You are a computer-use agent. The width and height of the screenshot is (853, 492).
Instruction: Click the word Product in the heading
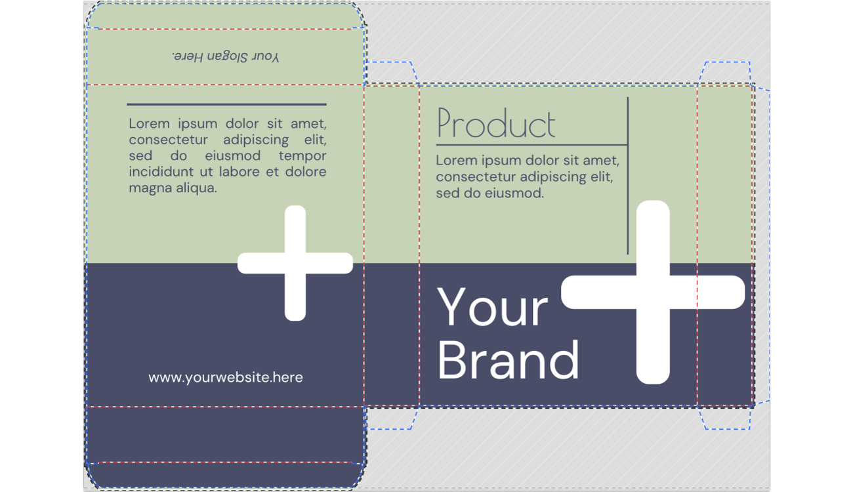pos(496,123)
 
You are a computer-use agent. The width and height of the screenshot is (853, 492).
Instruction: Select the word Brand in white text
pos(508,360)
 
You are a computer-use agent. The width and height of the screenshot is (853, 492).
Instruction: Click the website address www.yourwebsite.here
pos(226,377)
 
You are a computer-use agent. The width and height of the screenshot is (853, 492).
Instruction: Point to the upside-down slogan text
pos(226,56)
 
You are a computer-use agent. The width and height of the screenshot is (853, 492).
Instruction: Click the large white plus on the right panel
pos(653,292)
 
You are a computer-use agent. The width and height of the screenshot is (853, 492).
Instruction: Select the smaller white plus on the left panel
pos(295,263)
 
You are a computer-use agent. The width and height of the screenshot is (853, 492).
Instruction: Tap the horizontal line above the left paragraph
pos(226,104)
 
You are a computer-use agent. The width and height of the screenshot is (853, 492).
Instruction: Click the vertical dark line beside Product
pos(627,176)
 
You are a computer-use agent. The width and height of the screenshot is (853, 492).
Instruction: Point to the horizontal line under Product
pos(531,145)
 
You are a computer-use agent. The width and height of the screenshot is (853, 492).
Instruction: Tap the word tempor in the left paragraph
pos(302,156)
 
